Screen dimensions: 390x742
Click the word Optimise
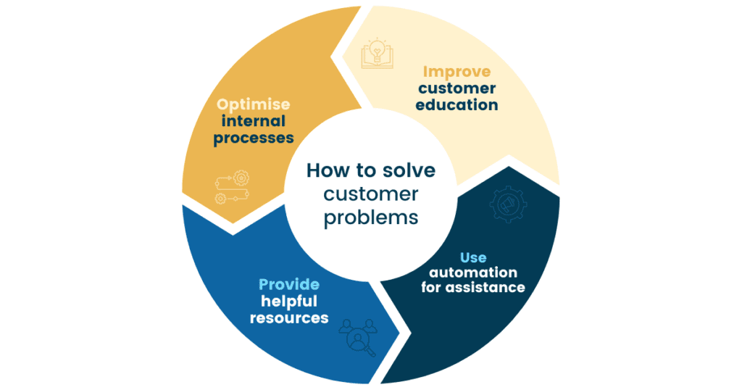254,104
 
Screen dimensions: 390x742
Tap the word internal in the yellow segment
254,120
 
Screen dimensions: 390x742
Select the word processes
254,138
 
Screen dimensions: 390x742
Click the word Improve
457,71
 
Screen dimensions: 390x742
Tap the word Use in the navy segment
473,257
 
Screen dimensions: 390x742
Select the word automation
473,273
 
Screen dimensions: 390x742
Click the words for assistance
473,288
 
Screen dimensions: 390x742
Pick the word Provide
289,285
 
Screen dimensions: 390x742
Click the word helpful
289,301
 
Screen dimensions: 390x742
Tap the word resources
289,318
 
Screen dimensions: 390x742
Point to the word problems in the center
371,217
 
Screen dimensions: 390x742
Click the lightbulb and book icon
377,52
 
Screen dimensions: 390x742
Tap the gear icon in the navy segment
508,205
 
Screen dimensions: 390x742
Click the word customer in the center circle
371,194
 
